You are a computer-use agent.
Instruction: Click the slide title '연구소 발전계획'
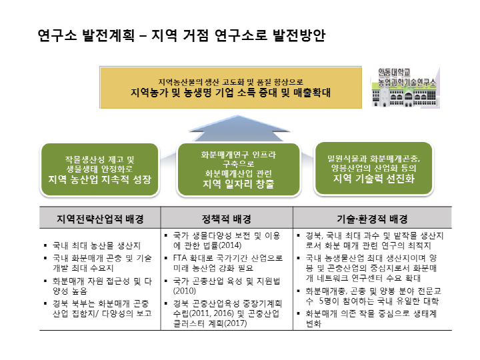[87, 35]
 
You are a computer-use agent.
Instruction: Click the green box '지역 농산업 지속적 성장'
[99, 169]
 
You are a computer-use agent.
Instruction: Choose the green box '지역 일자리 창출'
[239, 169]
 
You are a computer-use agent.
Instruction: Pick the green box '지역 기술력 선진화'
[373, 169]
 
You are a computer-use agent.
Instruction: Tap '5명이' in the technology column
[332, 301]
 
